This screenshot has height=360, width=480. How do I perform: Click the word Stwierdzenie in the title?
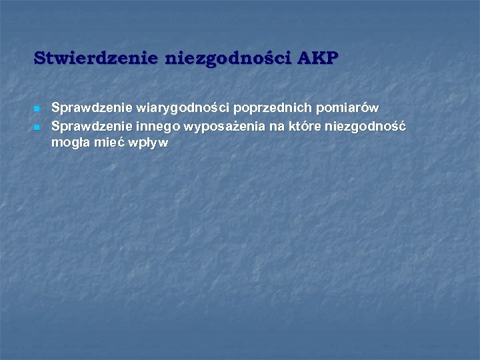pyautogui.click(x=97, y=58)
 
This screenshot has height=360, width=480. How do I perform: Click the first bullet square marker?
pyautogui.click(x=37, y=109)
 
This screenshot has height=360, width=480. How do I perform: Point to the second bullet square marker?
pyautogui.click(x=37, y=126)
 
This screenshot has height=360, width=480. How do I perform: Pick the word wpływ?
pyautogui.click(x=152, y=142)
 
